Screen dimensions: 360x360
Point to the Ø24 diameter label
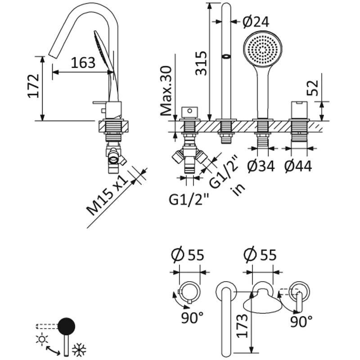pos(256,21)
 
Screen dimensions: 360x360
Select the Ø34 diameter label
pos(261,166)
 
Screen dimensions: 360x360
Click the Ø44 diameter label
pos(298,166)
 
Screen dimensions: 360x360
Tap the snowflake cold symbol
pos(79,349)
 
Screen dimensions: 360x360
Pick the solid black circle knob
pos(67,325)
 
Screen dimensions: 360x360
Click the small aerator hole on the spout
pos(226,57)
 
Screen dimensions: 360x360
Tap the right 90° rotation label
pos(300,321)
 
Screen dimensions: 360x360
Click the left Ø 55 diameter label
pos(188,255)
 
